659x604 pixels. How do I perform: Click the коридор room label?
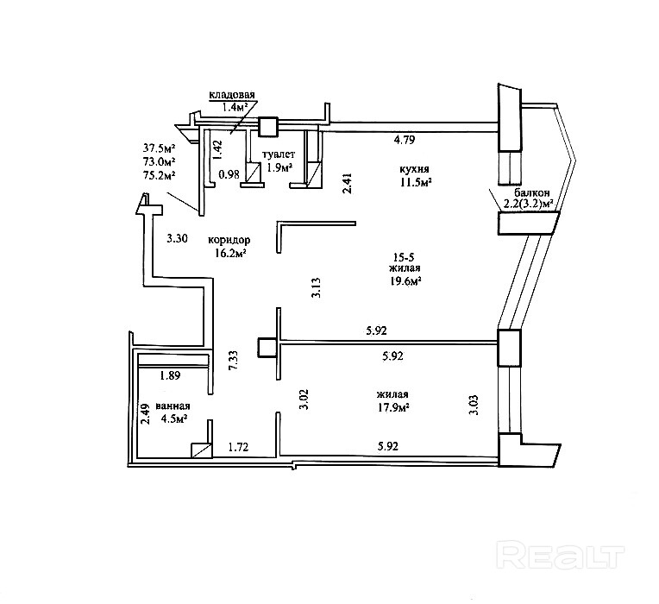tap(229, 239)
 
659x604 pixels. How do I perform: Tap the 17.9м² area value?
tap(392, 408)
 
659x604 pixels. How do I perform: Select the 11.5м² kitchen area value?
tap(415, 182)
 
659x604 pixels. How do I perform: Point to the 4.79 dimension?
tap(406, 140)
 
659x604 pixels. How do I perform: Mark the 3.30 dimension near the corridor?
tap(176, 238)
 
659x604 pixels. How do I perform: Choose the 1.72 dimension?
tap(238, 447)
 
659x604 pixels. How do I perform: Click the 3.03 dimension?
tap(473, 403)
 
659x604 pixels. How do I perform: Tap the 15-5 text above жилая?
tap(401, 256)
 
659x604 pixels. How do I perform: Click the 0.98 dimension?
tap(229, 174)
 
